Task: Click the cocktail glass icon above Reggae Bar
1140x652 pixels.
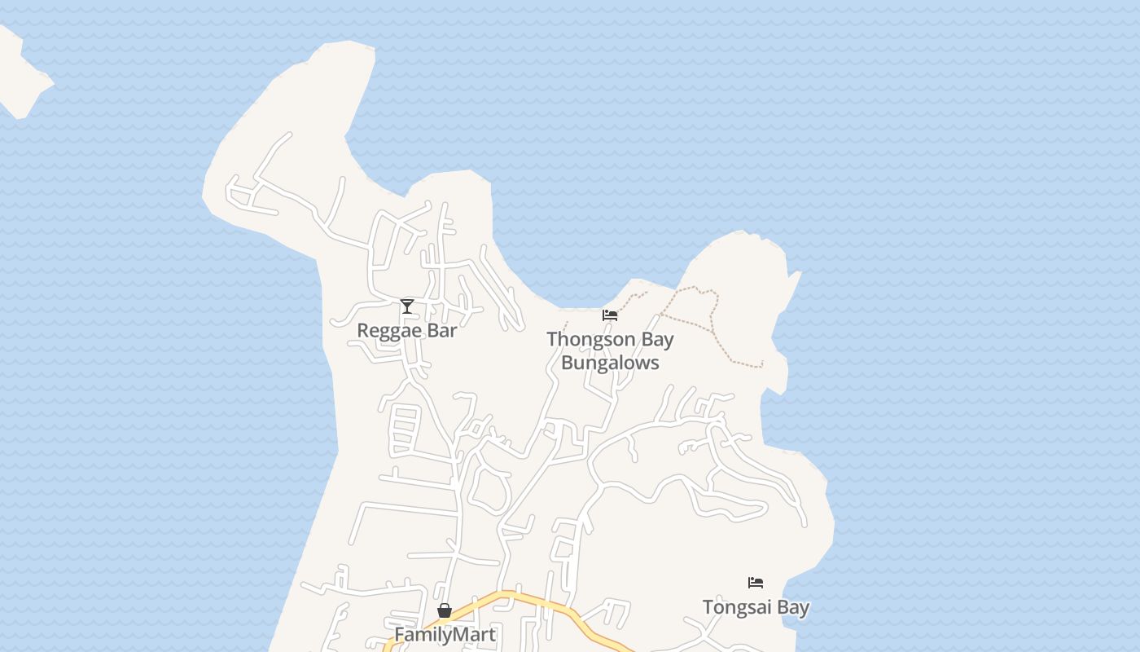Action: tap(407, 306)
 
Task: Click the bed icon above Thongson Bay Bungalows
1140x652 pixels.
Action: tap(610, 315)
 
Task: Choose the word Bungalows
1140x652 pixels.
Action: tap(610, 363)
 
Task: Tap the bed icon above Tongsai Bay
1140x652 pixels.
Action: tap(756, 583)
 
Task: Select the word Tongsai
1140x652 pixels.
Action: tap(736, 607)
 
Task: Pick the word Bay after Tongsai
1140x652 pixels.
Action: tap(792, 608)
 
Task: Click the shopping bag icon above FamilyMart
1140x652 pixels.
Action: tap(445, 610)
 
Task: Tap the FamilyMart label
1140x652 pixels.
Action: tap(445, 634)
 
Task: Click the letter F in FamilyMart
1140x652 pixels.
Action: tap(399, 634)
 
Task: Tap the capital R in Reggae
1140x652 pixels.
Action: tap(363, 330)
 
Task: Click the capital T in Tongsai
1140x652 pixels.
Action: tap(708, 607)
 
